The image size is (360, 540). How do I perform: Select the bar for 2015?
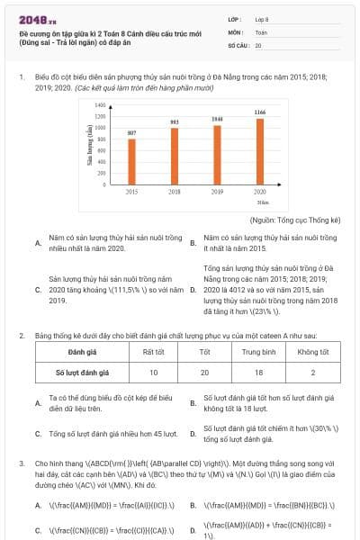click(131, 161)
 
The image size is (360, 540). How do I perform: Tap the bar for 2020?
click(259, 150)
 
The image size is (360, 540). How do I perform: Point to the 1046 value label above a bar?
click(217, 119)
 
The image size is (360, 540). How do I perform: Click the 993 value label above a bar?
click(175, 121)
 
